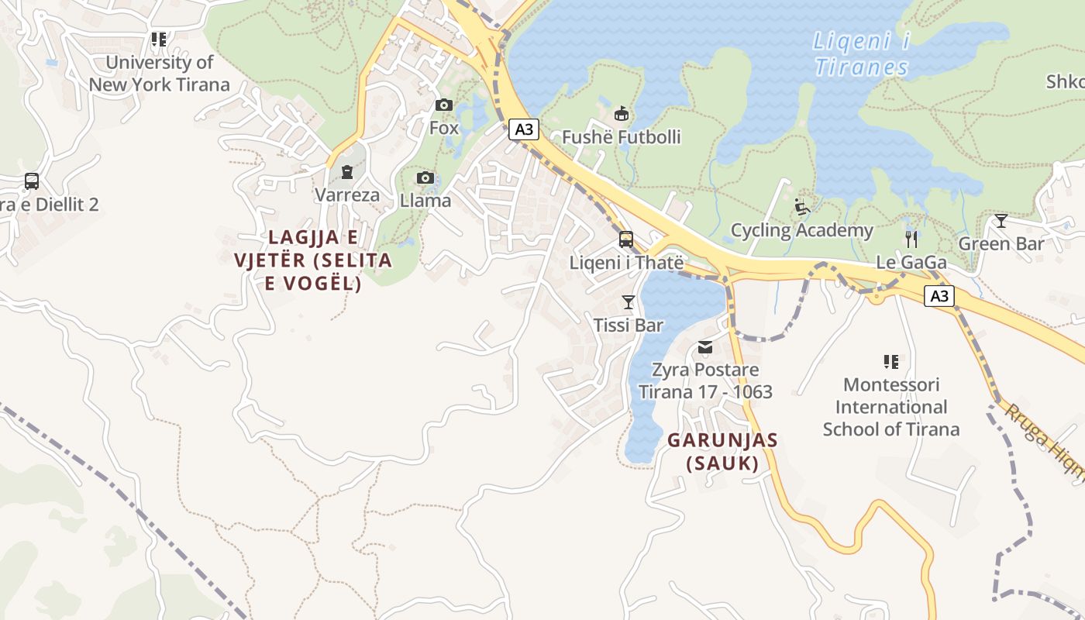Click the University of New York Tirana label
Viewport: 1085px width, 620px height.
pos(159,74)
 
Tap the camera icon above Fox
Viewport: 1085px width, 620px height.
pos(444,105)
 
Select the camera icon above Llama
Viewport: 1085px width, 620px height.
pos(425,178)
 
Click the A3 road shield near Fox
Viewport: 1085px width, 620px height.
pos(524,129)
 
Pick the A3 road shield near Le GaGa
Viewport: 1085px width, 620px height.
pos(939,296)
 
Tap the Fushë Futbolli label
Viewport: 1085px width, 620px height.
pos(621,137)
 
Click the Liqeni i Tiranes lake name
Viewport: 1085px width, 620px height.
pos(860,54)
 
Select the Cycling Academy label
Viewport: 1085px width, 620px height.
pos(802,230)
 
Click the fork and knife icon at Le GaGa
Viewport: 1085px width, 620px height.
pos(911,239)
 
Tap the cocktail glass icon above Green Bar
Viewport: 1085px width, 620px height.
pos(1001,221)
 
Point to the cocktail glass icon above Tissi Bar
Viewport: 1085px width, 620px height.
pos(629,302)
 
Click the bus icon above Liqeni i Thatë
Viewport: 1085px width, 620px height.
pos(626,239)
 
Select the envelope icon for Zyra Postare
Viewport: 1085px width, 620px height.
pos(704,347)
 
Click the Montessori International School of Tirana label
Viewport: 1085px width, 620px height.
pos(891,407)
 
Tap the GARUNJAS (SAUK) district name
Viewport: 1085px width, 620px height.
pos(722,452)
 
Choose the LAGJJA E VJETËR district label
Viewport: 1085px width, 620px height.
pos(313,260)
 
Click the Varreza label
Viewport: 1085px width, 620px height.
pos(347,195)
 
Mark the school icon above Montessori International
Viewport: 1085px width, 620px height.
pos(891,361)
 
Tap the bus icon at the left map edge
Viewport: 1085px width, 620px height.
pos(32,181)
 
